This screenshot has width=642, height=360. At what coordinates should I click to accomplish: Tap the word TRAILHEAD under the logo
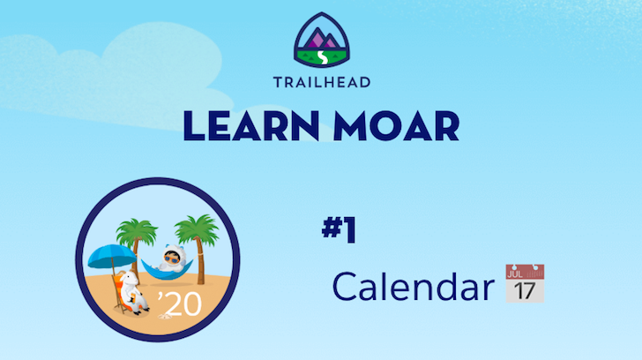pyautogui.click(x=321, y=84)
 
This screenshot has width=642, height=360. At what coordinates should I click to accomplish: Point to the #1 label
pyautogui.click(x=339, y=230)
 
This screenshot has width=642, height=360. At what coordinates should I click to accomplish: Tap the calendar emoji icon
pyautogui.click(x=525, y=283)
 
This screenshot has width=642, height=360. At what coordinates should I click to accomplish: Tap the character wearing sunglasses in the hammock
pyautogui.click(x=169, y=259)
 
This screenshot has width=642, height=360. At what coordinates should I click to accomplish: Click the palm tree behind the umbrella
pyautogui.click(x=138, y=235)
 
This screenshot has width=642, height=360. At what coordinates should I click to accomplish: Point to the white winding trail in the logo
pyautogui.click(x=322, y=56)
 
